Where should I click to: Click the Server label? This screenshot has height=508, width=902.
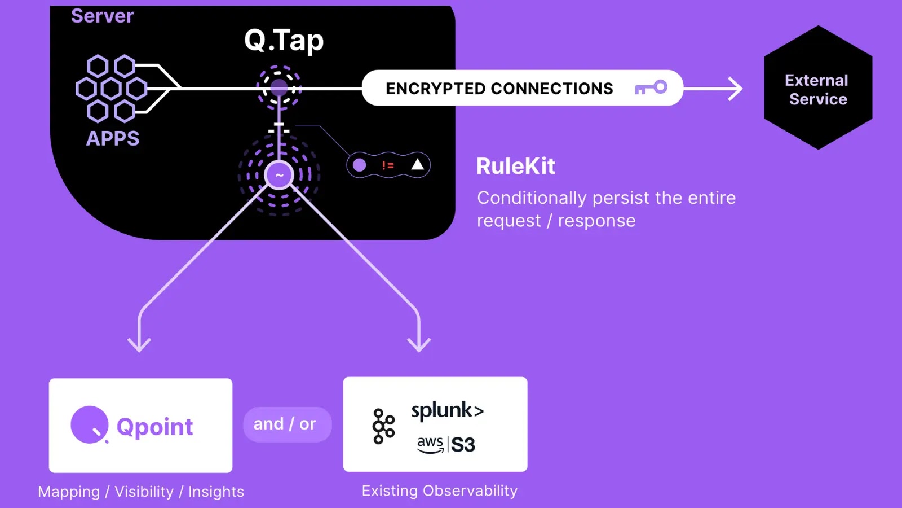coord(102,16)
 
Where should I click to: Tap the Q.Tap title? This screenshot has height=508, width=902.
coord(284,41)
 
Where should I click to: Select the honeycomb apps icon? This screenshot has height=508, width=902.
coord(112,89)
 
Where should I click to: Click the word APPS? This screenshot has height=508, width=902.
coord(113,138)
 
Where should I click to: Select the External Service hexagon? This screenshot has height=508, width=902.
coord(817,89)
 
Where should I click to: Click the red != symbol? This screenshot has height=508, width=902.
coord(388,165)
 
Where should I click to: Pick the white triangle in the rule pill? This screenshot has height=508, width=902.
coord(417,164)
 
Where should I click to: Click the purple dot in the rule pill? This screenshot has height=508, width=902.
coord(360,165)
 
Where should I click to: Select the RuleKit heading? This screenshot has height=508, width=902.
coord(516,167)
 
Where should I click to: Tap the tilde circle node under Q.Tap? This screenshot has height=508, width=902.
coord(279,175)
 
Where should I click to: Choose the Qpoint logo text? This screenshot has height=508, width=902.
coord(154,427)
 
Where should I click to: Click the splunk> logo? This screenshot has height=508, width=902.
coord(447,410)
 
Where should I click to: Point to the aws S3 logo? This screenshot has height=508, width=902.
coord(446,444)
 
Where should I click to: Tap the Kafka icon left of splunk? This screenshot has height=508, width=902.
coord(383,426)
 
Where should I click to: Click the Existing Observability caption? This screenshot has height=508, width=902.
coord(439,491)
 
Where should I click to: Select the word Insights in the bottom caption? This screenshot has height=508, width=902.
coord(216,492)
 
